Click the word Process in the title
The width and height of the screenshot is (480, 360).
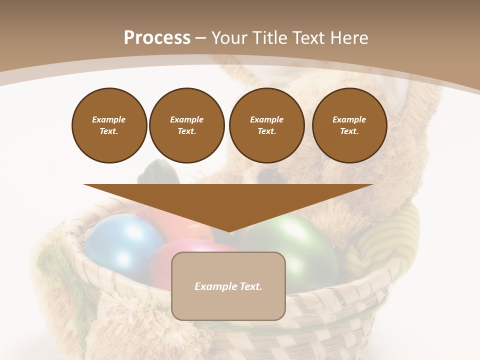157,38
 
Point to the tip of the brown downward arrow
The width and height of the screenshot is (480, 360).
228,231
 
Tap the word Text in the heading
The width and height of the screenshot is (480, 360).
309,38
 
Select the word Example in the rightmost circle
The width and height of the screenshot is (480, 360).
349,119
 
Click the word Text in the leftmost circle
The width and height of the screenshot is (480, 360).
108,131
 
